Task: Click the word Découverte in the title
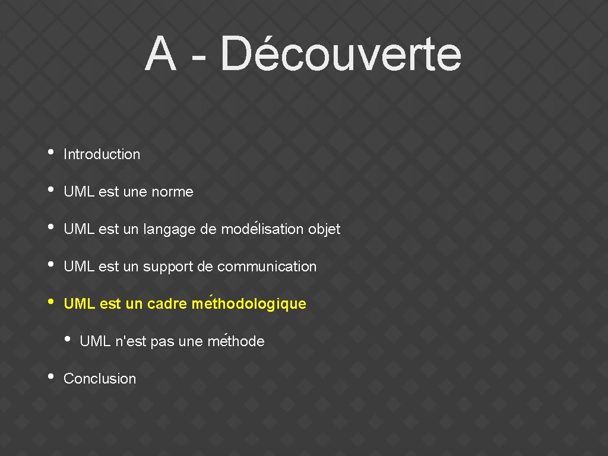tap(340, 54)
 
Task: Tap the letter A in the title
tap(160, 54)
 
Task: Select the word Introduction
tap(102, 154)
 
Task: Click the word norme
tap(172, 192)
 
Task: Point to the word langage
tap(170, 230)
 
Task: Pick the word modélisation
tap(262, 229)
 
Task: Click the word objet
tap(324, 230)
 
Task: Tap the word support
tap(168, 267)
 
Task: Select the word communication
tap(267, 267)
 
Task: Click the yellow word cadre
tap(167, 304)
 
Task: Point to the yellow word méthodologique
tap(249, 305)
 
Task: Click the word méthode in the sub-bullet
tap(236, 341)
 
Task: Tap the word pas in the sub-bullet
tap(162, 342)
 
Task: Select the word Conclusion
tap(100, 379)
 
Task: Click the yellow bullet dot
tap(51, 301)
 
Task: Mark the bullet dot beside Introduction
tap(51, 151)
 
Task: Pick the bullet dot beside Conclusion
tap(51, 376)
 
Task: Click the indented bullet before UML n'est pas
tap(67, 338)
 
